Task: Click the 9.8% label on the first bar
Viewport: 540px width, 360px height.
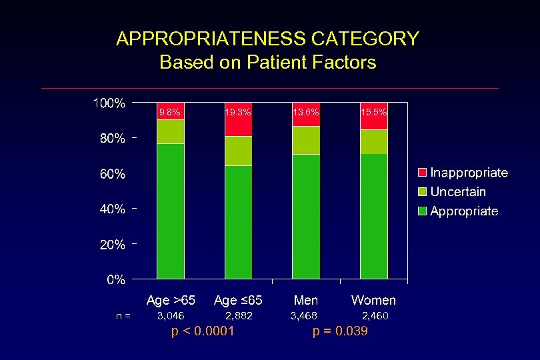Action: [169, 113]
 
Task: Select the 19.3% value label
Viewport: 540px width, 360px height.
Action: [238, 113]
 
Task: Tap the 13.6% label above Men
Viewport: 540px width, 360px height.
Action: [306, 113]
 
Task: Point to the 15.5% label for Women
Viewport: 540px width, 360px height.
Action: [374, 113]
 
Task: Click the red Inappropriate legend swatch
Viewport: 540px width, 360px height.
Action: [422, 173]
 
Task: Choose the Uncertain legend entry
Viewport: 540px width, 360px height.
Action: [458, 192]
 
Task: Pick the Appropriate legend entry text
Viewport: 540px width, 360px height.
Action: [464, 211]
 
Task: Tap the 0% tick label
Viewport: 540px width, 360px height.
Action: [116, 280]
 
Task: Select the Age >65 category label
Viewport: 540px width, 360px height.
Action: [171, 300]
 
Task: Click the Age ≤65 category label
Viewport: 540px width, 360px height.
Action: [238, 300]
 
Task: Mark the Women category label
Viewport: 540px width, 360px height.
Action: [373, 300]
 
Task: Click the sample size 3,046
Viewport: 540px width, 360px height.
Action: [170, 315]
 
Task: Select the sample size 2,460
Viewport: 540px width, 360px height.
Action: [375, 315]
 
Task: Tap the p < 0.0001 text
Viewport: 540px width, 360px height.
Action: [203, 331]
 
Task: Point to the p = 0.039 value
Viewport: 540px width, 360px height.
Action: [340, 331]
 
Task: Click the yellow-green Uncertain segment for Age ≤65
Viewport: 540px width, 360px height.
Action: [238, 151]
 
